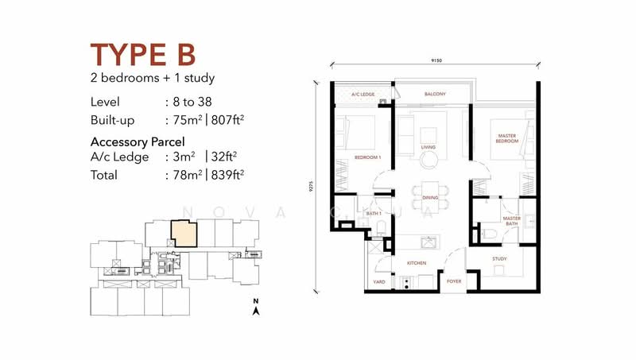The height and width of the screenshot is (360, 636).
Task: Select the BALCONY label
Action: (x=434, y=95)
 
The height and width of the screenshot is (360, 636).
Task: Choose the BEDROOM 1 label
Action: (x=368, y=157)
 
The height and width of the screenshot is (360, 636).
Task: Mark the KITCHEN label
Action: (x=417, y=261)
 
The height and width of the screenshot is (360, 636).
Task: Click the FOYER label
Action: (x=453, y=281)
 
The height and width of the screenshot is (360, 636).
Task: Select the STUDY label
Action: (x=498, y=258)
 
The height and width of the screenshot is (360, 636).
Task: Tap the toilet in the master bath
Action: (x=490, y=233)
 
